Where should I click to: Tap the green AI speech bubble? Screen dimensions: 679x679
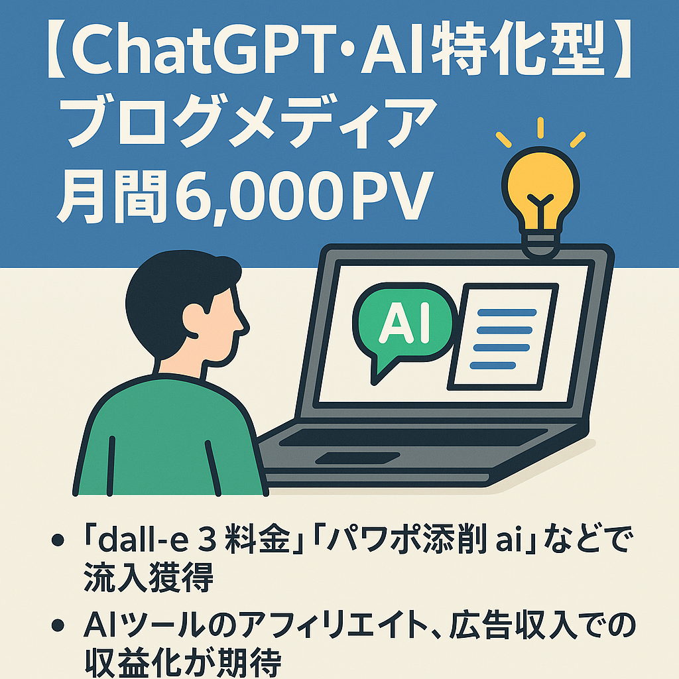[404, 325]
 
